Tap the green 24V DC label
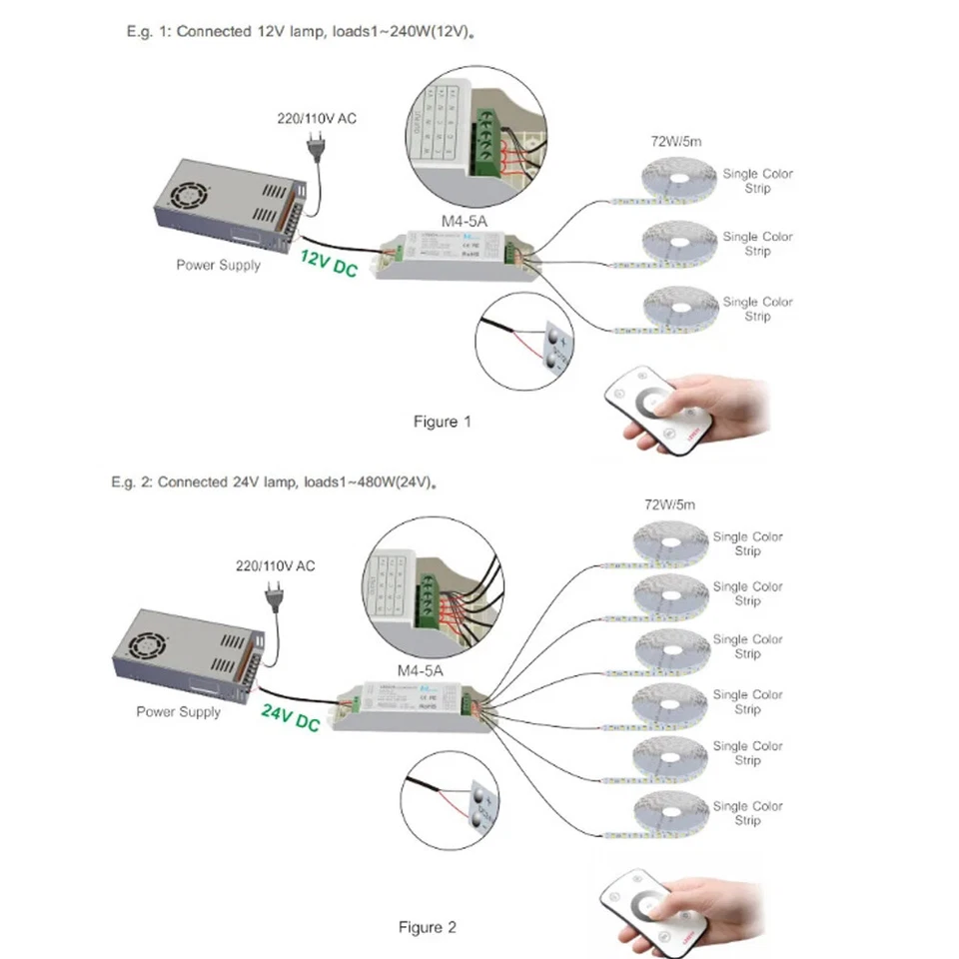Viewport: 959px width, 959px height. pyautogui.click(x=290, y=716)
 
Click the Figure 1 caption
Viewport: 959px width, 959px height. pyautogui.click(x=442, y=422)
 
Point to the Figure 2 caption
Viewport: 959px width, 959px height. pyautogui.click(x=427, y=927)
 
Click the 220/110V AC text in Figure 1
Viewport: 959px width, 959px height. pyautogui.click(x=316, y=119)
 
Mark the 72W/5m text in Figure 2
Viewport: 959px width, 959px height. pyautogui.click(x=670, y=505)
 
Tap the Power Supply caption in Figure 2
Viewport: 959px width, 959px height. pyautogui.click(x=178, y=712)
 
